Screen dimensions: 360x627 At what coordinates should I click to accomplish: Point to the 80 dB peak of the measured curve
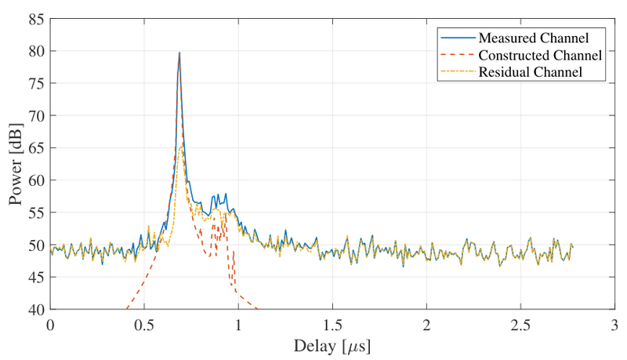(179, 53)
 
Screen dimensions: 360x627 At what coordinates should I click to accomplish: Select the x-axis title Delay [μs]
(332, 345)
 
